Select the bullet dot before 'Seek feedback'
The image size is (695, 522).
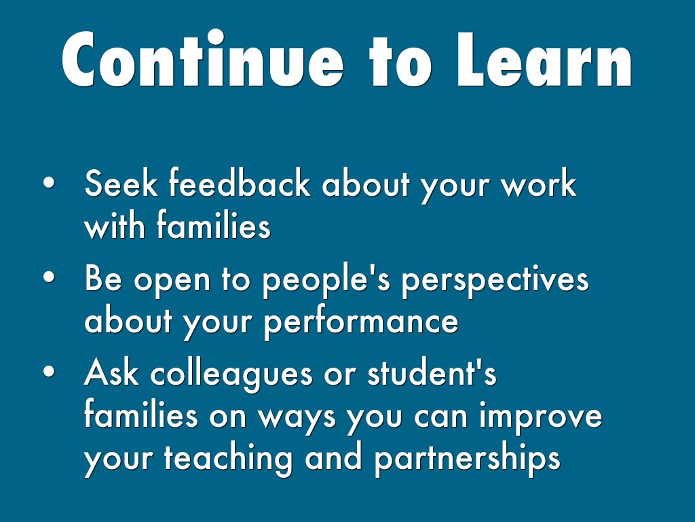click(48, 185)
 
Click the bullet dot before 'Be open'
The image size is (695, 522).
click(48, 279)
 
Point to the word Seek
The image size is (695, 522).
click(120, 185)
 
